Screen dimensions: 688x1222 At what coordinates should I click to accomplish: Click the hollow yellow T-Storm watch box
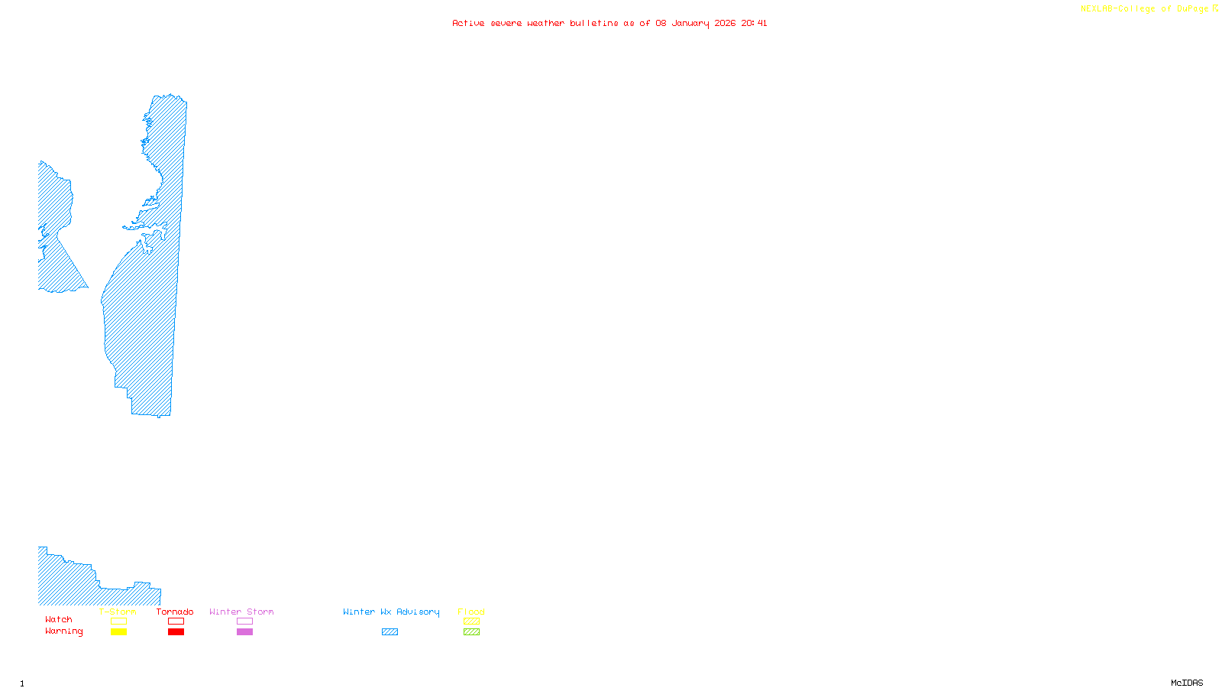[118, 621]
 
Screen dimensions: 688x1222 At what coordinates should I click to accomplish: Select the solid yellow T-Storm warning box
[118, 632]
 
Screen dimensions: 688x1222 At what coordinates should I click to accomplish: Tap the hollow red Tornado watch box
[176, 621]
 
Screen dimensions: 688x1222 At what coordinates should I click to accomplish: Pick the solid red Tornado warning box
[176, 632]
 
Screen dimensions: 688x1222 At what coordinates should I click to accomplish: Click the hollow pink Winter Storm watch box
[244, 621]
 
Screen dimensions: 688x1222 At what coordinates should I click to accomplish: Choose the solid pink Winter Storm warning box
[244, 632]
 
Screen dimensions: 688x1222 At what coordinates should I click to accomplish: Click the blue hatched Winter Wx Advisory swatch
[390, 632]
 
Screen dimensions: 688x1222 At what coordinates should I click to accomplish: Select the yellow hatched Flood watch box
[471, 621]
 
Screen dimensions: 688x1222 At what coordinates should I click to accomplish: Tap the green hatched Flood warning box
[471, 632]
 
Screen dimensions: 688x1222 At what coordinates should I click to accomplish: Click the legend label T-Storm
[118, 612]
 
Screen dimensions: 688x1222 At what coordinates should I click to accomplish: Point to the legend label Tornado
[175, 612]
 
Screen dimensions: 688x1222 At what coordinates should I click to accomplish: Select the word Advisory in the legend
[418, 612]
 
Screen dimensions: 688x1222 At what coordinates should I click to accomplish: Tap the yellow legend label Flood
[471, 612]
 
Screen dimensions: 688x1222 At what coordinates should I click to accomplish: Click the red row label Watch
[59, 620]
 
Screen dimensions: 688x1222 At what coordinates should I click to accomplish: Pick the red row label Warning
[64, 631]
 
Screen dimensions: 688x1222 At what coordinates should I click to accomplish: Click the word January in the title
[690, 23]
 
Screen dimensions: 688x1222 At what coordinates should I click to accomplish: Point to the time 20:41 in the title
[754, 23]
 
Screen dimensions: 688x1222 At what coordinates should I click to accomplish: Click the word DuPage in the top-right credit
[1192, 9]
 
